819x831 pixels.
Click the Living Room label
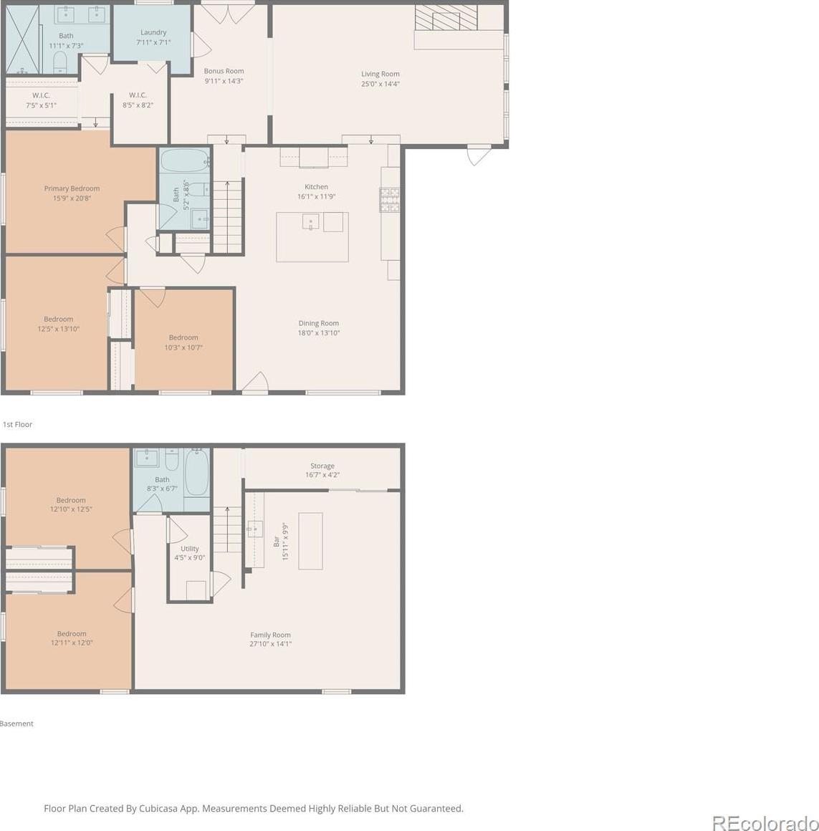[x=380, y=75]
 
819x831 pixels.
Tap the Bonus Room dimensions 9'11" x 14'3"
[x=224, y=81]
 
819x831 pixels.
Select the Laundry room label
[x=153, y=33]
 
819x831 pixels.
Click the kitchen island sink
[x=311, y=221]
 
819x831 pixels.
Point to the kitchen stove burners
[x=389, y=199]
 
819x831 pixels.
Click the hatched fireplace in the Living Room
[x=446, y=17]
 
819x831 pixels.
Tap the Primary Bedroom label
[x=72, y=188]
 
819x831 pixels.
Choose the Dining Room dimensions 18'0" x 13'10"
[x=319, y=333]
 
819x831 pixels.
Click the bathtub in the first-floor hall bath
[x=185, y=160]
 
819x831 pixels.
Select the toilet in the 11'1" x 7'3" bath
[x=59, y=62]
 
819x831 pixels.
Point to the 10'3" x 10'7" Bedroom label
[x=183, y=337]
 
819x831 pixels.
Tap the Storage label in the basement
[x=322, y=466]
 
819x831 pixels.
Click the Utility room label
[x=190, y=549]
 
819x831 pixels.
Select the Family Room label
[x=270, y=635]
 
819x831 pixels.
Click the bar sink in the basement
[x=255, y=529]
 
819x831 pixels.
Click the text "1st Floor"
[x=17, y=425]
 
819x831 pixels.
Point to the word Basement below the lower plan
[x=16, y=724]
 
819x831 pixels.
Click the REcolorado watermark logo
[x=765, y=822]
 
